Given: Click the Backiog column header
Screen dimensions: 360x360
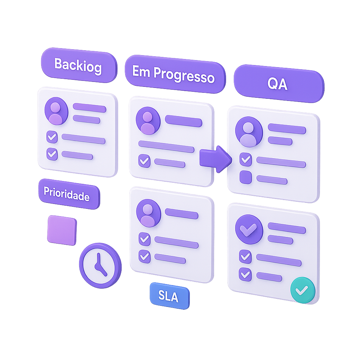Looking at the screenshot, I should coord(78,65).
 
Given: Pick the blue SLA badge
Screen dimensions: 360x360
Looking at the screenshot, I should coord(169,296).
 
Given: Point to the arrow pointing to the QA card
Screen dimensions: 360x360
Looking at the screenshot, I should coord(216,159).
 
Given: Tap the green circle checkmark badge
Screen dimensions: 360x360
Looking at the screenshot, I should coord(302,290).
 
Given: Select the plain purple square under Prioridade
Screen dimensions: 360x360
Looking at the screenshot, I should coord(62,230).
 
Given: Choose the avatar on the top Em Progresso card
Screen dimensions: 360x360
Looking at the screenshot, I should coord(148,121).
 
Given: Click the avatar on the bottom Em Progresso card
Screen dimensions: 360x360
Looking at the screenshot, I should coord(148,213).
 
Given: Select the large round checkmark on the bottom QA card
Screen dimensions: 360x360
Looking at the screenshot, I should coord(249,229).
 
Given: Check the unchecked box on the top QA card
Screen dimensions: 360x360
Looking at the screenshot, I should coord(245,177).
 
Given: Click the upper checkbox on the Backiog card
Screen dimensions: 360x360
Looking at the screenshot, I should coord(52,137).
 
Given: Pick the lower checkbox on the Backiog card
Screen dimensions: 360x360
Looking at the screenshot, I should coord(52,154).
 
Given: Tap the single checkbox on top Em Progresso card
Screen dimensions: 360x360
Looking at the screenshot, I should coord(144,161).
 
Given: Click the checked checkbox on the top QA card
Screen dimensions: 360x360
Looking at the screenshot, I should coord(245,160).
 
